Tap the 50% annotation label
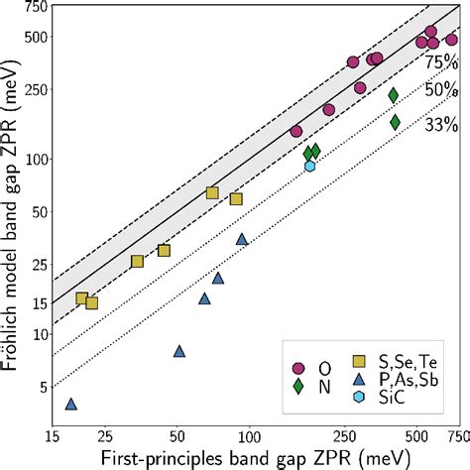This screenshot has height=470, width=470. (440, 91)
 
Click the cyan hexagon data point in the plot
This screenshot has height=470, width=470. (310, 166)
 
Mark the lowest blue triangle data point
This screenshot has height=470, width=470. (70, 404)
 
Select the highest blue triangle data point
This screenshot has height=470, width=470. (242, 239)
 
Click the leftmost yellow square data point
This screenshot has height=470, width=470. (82, 298)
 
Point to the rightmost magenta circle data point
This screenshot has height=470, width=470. (451, 40)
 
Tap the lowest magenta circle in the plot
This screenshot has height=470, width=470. (295, 131)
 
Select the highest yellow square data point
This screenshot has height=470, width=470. (212, 192)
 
